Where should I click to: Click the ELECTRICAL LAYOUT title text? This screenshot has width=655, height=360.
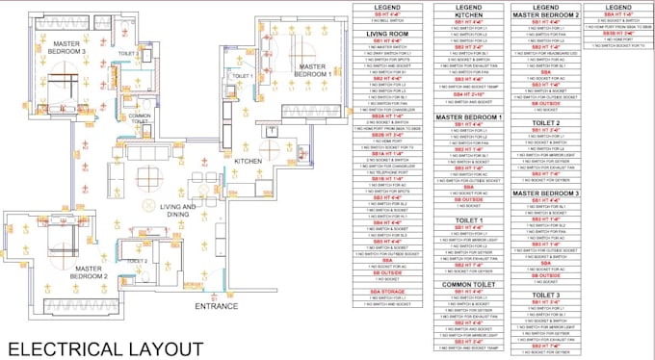tap(105, 347)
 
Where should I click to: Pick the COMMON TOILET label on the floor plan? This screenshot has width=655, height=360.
tap(143, 117)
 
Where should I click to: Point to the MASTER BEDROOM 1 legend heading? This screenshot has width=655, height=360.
tap(470, 117)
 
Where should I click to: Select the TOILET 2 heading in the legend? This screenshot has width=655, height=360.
tap(545, 123)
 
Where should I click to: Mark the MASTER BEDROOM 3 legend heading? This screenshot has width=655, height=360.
tap(545, 193)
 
